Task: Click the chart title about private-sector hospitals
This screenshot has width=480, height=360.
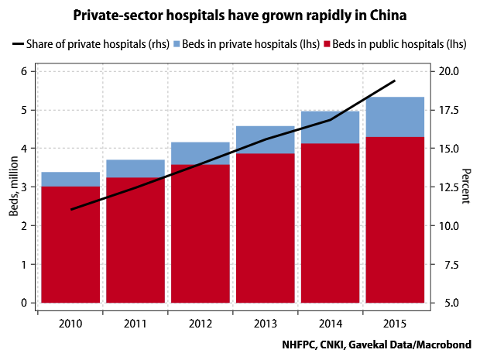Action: (241, 15)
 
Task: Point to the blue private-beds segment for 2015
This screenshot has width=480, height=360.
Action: (395, 117)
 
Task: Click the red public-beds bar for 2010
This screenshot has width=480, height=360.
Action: (70, 244)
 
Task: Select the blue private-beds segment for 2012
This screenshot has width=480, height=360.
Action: (200, 153)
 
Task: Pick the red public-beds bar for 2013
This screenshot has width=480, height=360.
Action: (265, 228)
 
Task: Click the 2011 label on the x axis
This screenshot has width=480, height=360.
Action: (135, 323)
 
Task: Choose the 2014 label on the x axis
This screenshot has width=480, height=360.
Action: (330, 323)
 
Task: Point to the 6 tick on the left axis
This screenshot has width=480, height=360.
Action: (23, 71)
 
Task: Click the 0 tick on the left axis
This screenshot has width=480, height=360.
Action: (23, 303)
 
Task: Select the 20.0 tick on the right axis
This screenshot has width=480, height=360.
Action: (450, 71)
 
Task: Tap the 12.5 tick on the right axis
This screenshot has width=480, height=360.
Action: (450, 187)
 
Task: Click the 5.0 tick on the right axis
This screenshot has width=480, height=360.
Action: (450, 303)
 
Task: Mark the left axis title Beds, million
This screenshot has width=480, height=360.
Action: (11, 187)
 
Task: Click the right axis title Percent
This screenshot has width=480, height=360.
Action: (466, 187)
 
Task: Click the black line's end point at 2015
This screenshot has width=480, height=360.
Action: (395, 81)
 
